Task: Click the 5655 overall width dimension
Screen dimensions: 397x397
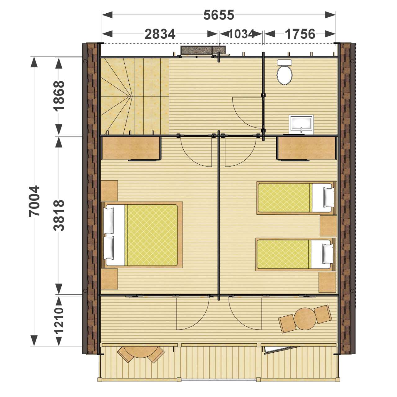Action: click(219, 15)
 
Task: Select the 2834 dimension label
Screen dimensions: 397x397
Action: click(160, 34)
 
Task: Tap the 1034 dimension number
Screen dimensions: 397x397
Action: click(241, 34)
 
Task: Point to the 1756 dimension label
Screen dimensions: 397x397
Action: click(300, 34)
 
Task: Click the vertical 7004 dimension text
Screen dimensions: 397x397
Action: click(34, 201)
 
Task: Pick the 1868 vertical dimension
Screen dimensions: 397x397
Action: click(59, 96)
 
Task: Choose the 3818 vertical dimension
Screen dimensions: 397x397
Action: click(59, 216)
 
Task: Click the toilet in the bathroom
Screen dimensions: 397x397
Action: click(284, 72)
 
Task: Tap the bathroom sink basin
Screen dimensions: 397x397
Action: click(301, 124)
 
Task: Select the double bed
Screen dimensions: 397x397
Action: click(142, 235)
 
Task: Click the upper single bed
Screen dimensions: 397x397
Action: click(296, 198)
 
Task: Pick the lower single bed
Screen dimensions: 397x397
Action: click(296, 254)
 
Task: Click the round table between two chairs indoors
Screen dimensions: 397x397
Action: click(305, 319)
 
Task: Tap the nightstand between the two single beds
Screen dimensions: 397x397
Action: click(328, 226)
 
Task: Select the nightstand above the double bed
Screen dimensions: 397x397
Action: click(109, 190)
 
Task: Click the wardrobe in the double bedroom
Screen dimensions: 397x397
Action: click(131, 148)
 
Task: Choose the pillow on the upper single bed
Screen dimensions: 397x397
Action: click(328, 197)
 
